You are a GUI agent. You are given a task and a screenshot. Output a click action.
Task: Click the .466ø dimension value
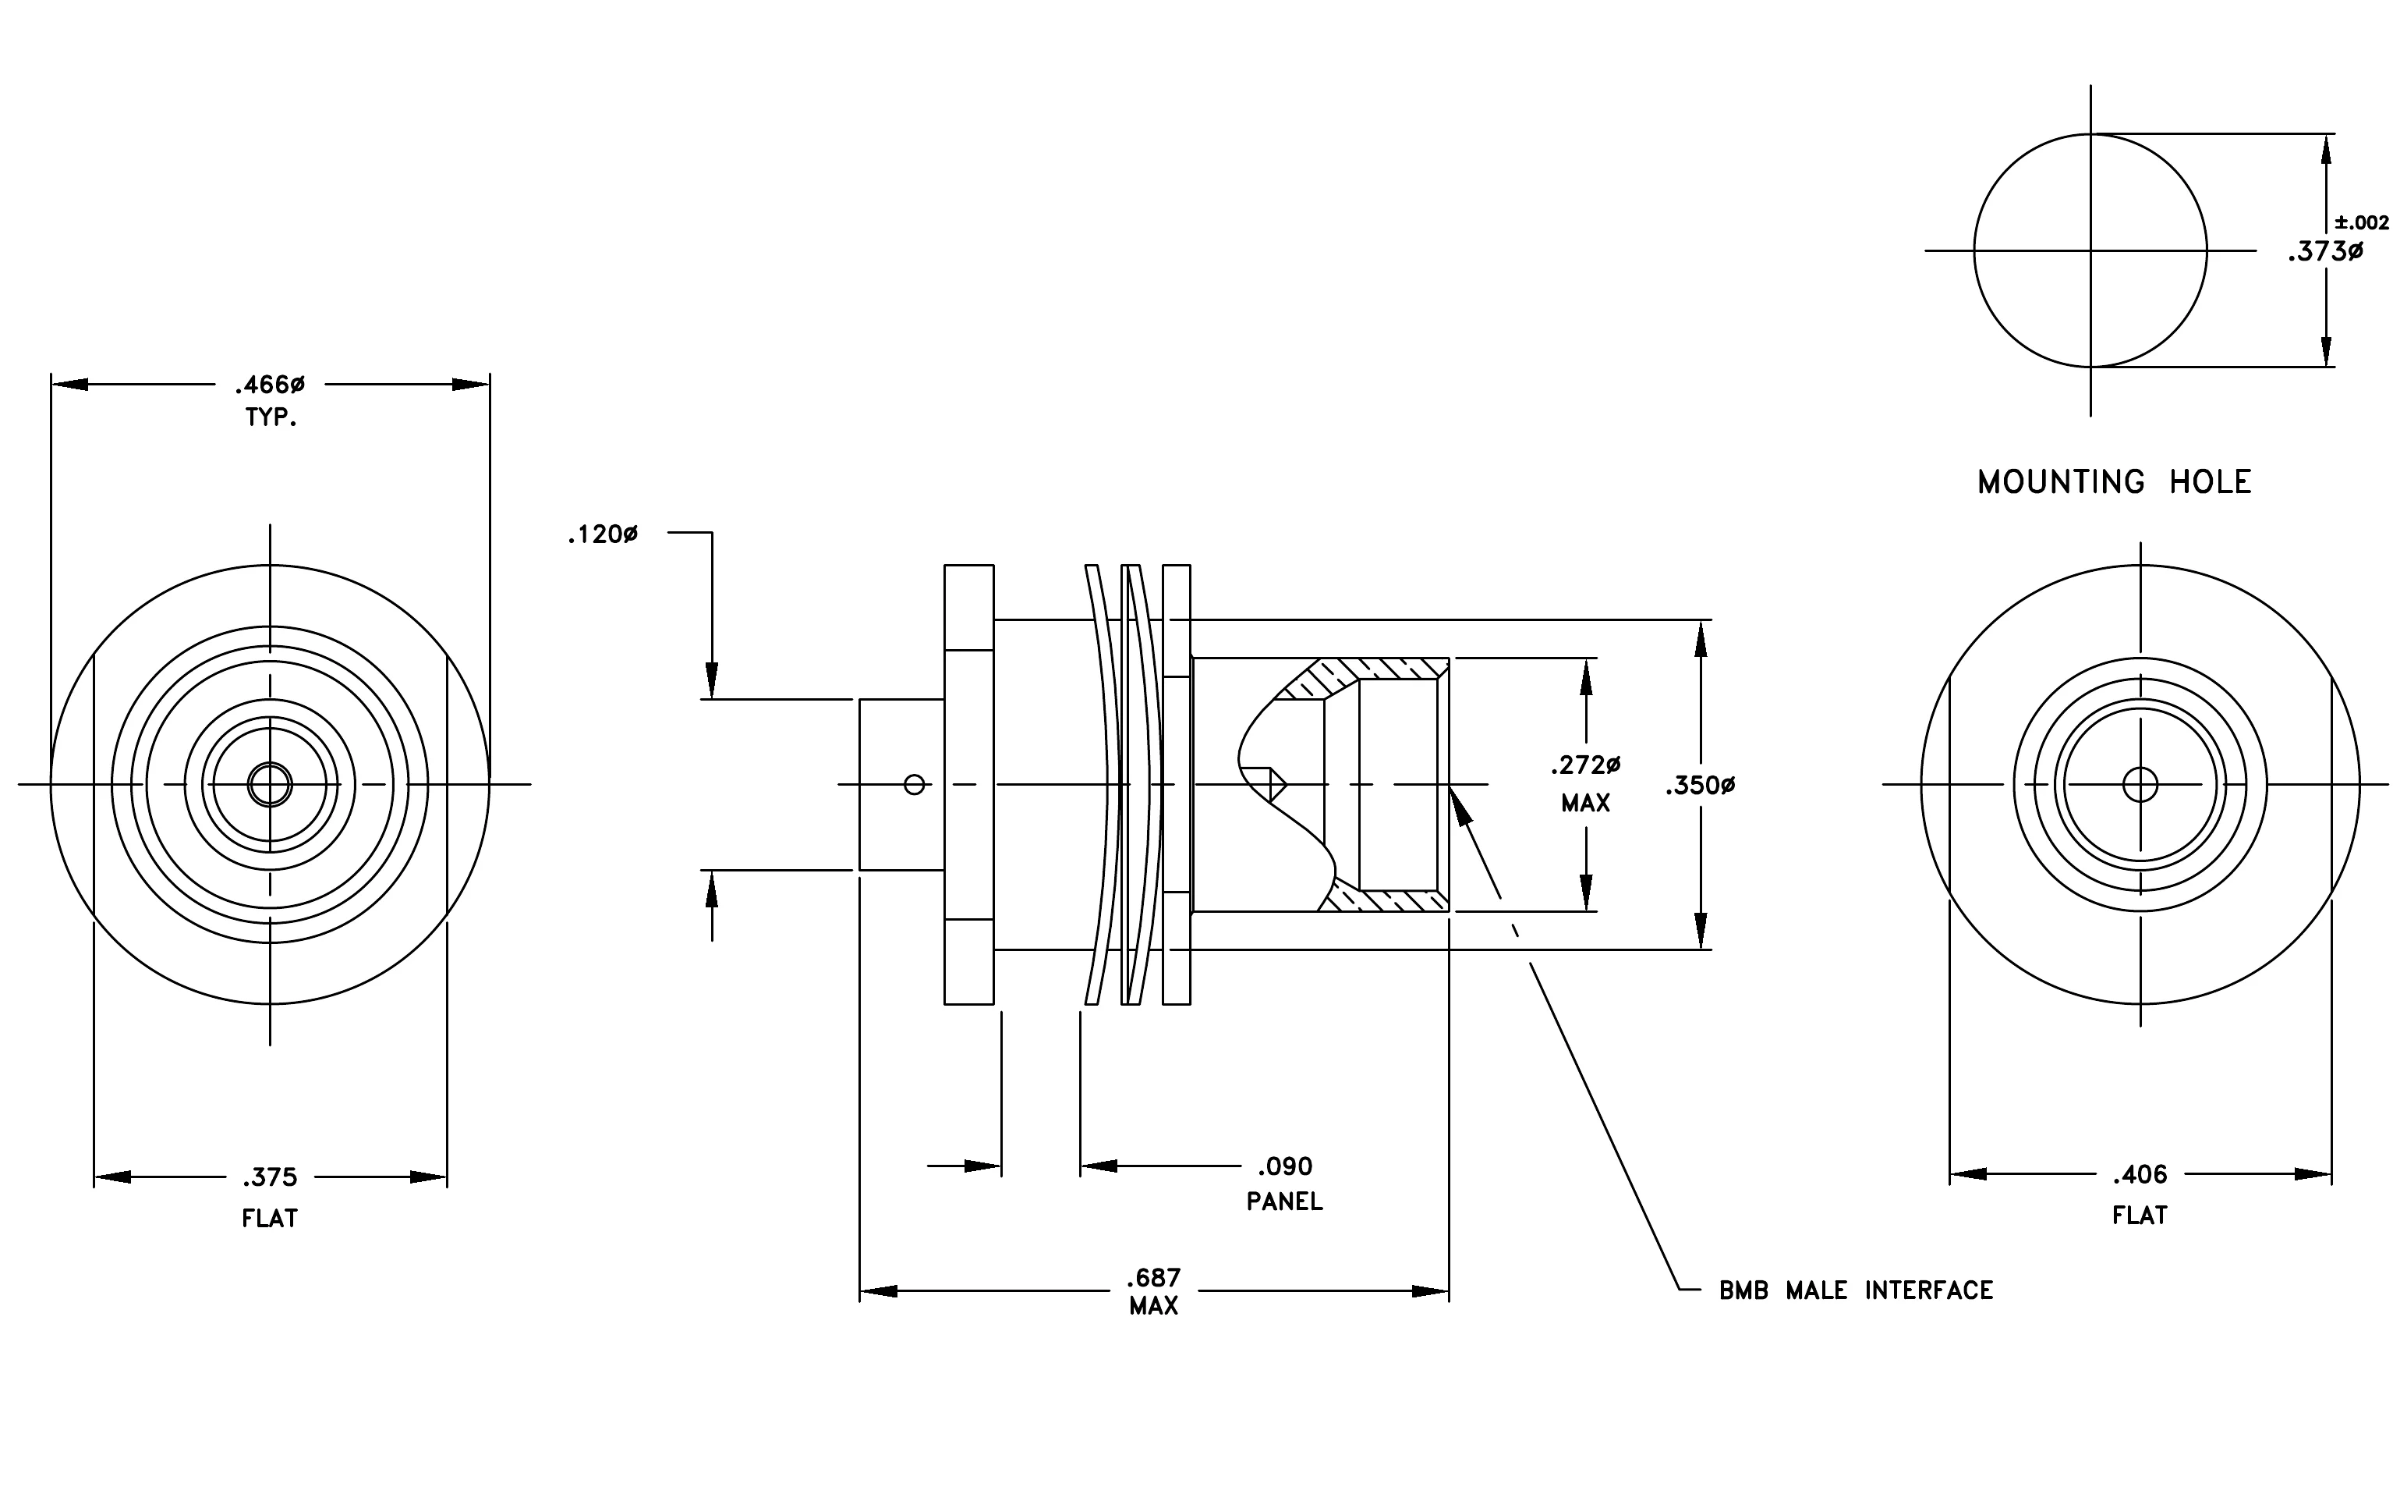pos(269,385)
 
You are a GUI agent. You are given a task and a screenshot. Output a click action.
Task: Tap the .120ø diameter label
pos(602,534)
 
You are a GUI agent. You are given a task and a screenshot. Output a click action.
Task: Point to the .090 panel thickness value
pos(1285,1166)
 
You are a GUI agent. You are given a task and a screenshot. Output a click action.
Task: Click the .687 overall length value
pos(1154,1277)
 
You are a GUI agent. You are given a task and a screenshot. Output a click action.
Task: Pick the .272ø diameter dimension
pos(1585,765)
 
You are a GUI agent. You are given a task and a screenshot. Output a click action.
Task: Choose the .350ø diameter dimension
pos(1701,786)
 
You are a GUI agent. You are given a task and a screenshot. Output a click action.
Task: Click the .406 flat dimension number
pos(2140,1175)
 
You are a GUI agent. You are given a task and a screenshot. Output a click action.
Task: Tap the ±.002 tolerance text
pos(2361,222)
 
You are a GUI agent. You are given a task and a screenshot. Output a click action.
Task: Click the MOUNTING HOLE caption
pos(2114,482)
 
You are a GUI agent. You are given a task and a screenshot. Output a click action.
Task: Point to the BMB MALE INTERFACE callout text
pos(1857,1290)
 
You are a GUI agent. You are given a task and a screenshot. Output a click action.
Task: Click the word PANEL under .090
pos(1285,1201)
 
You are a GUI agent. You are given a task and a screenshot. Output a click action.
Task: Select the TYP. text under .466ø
pos(271,417)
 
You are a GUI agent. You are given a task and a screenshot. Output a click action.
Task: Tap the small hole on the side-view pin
pos(915,786)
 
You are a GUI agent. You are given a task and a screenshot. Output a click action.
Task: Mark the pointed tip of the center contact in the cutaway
pos(1287,786)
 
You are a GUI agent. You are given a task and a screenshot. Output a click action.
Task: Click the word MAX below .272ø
pos(1585,804)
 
